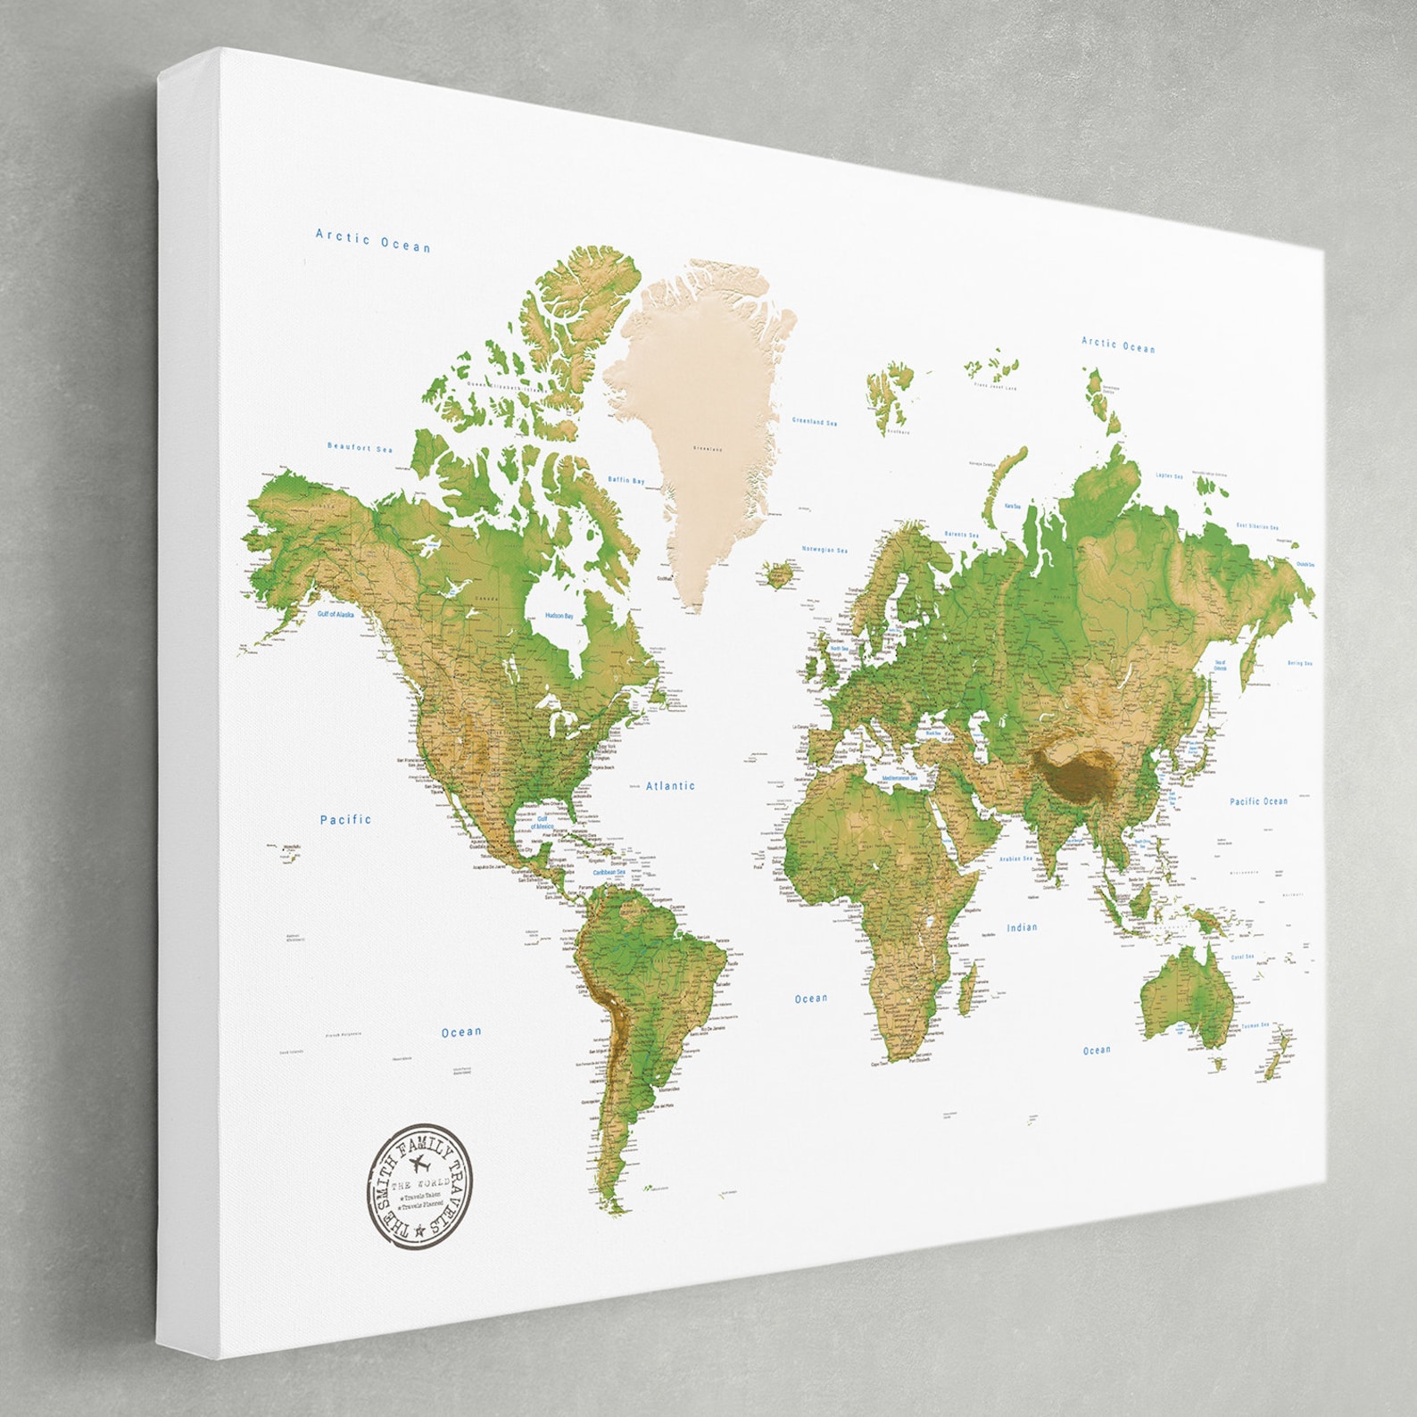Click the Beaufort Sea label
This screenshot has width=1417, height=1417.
click(360, 447)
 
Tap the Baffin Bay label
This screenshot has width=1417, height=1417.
click(626, 480)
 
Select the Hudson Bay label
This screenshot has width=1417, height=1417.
click(559, 616)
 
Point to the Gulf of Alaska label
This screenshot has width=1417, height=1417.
click(336, 614)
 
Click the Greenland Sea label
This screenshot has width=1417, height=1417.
click(815, 421)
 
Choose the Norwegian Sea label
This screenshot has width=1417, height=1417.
click(825, 550)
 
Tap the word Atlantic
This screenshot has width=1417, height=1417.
click(670, 786)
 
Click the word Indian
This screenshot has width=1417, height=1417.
click(1022, 927)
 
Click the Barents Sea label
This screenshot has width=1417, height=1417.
click(961, 534)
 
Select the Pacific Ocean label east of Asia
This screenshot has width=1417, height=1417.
click(1258, 801)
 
